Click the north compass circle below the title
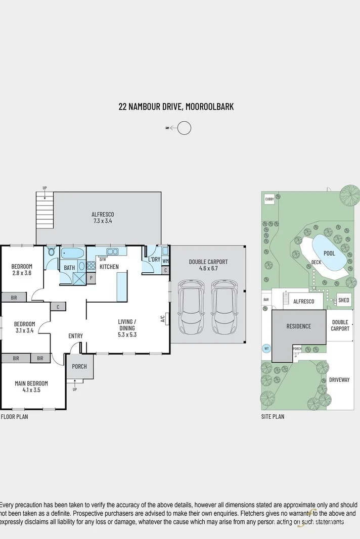pos(185,128)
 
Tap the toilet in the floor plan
pos(51,252)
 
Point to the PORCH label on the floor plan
pos(79,367)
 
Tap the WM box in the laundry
pos(165,261)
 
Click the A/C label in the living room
pos(163,319)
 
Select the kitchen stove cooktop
pos(91,266)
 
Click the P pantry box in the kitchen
pos(92,277)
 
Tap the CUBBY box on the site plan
pos(269,200)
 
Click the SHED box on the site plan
pos(344,300)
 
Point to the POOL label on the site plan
pos(329,253)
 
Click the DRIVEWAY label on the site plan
pos(339,379)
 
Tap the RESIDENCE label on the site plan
pos(299,326)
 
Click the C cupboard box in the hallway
pos(58,307)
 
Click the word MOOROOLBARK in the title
pos(209,107)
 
